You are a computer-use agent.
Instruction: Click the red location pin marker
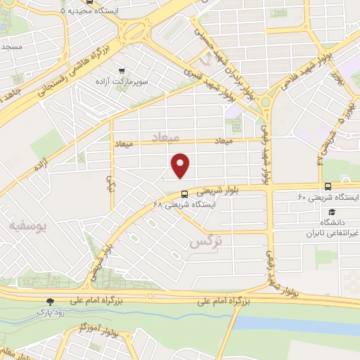pyautogui.click(x=181, y=165)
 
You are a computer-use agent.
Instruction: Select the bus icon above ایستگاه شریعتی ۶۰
pyautogui.click(x=328, y=186)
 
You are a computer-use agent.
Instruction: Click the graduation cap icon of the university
pyautogui.click(x=331, y=212)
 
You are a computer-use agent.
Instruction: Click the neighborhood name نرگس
pyautogui.click(x=205, y=243)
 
